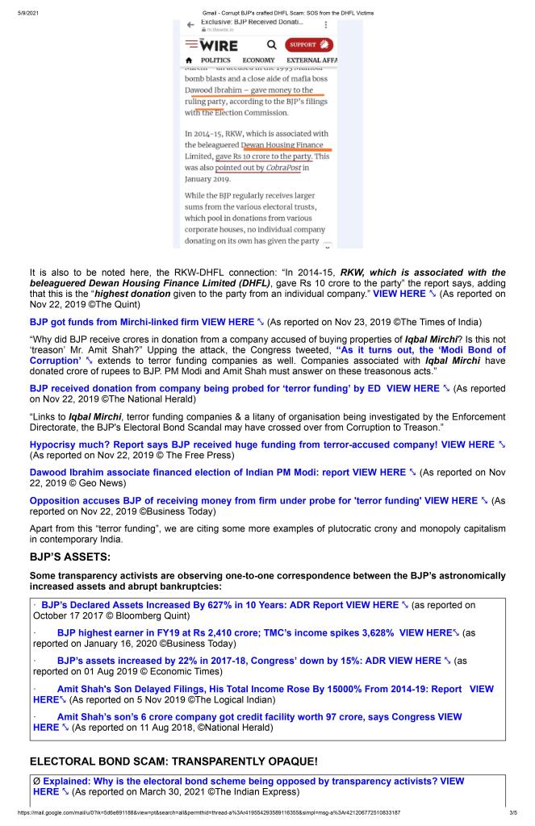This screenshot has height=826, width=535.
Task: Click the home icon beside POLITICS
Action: click(189, 60)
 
